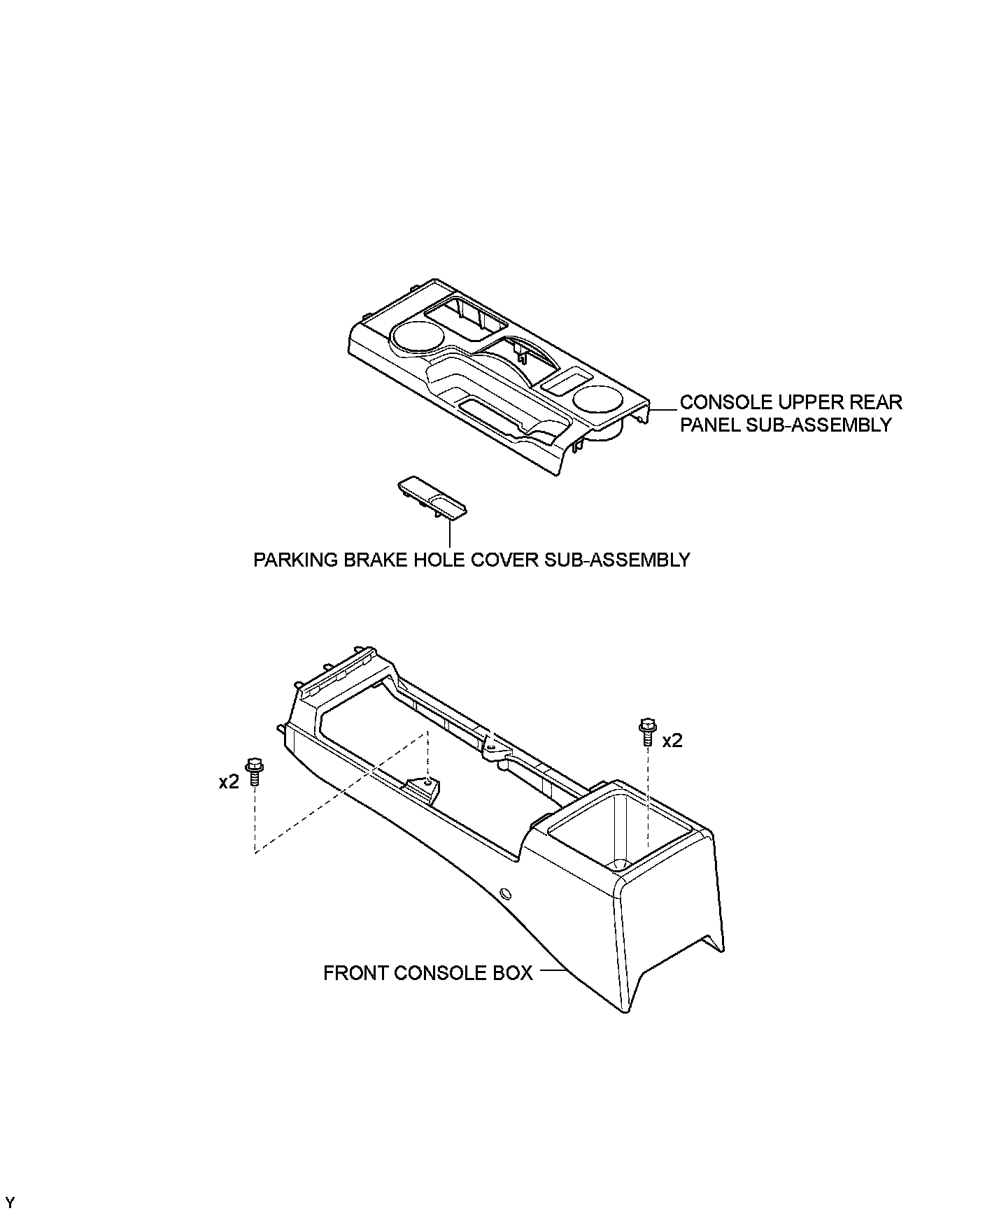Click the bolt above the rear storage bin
pos(646,732)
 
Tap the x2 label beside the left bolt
pos(229,781)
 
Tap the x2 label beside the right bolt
pos(672,740)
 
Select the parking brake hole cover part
pos(432,499)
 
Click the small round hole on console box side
pos(506,893)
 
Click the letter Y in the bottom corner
pos(10,1203)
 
